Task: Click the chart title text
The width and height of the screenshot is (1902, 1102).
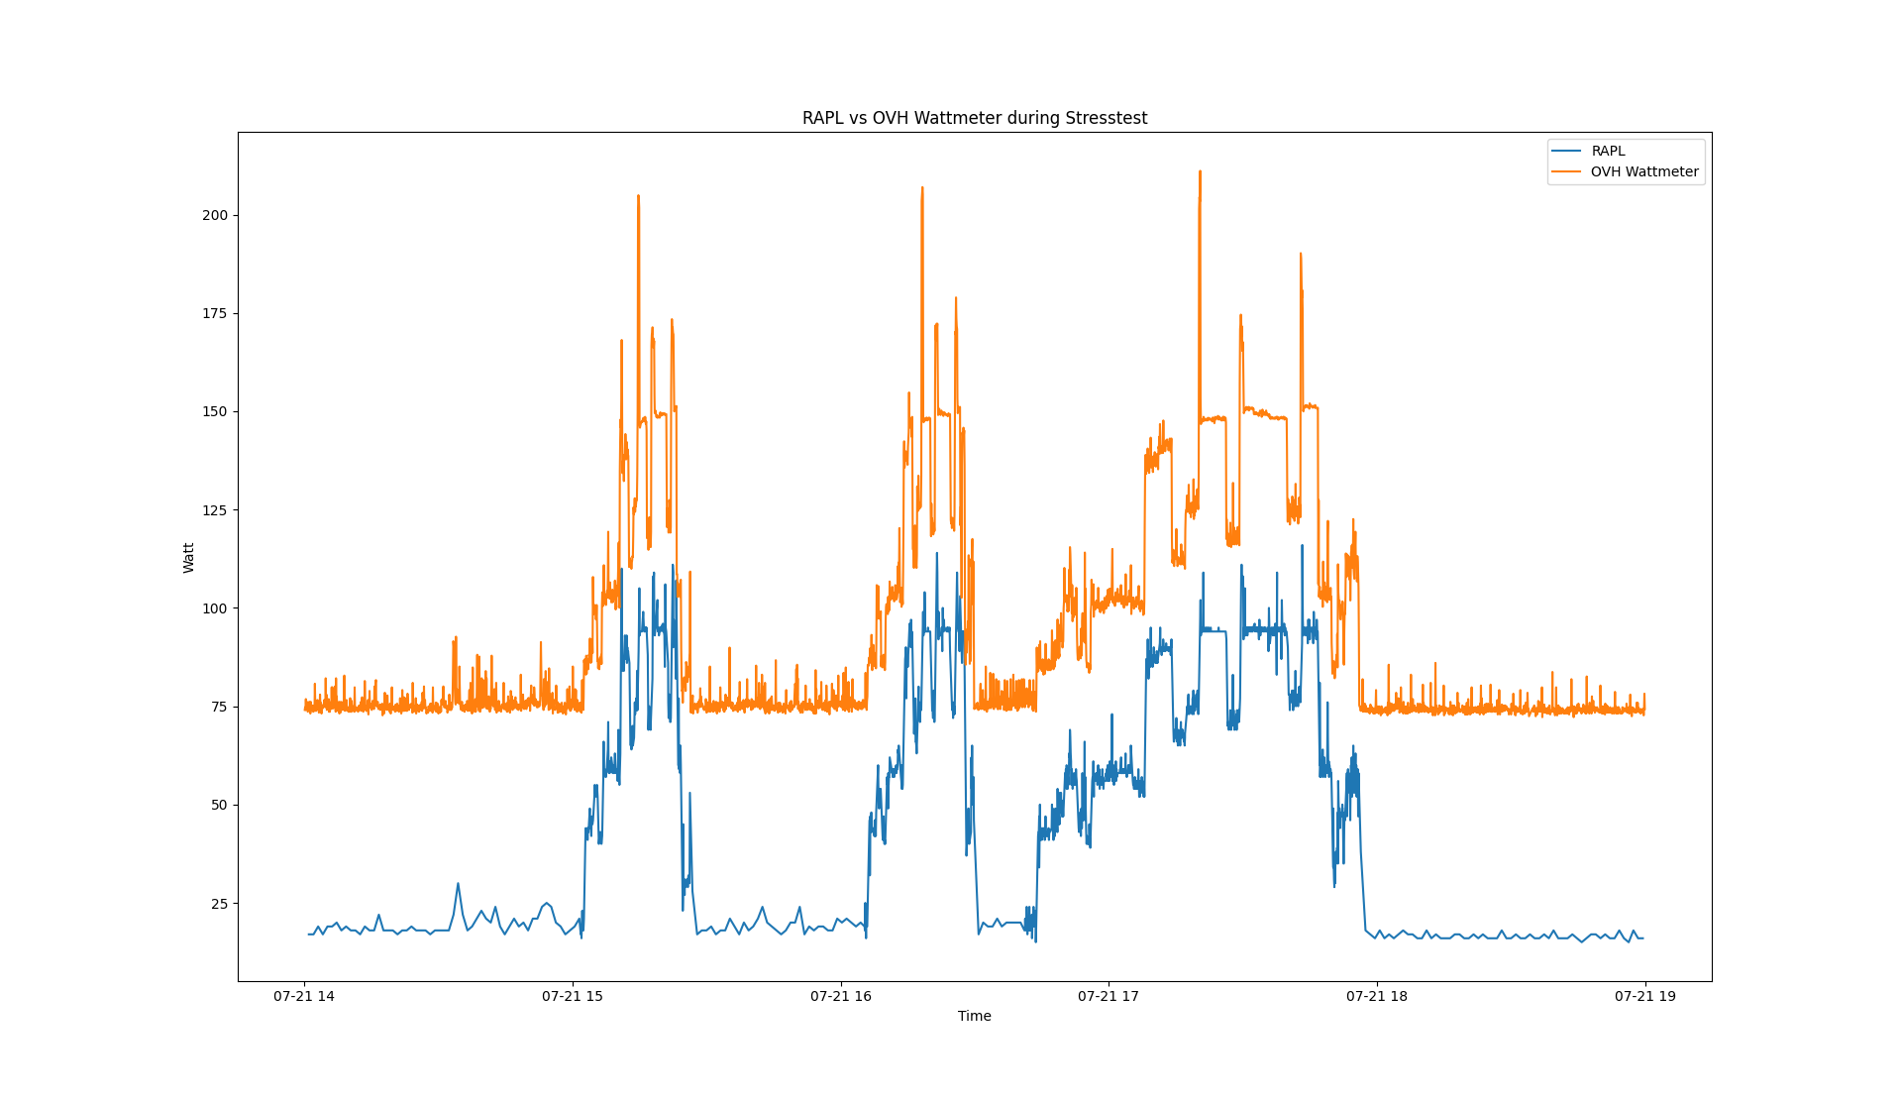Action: pos(975,118)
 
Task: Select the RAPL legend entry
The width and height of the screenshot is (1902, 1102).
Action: pos(1608,151)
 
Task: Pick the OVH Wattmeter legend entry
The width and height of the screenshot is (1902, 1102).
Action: pos(1643,171)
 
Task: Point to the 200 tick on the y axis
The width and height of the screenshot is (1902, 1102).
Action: pos(215,215)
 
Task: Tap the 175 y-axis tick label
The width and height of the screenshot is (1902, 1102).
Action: pos(215,313)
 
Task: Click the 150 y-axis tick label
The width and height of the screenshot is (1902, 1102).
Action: pos(215,411)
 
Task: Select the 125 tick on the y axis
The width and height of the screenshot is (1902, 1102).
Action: pos(215,510)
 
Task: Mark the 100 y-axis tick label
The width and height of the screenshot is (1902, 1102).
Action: pos(215,608)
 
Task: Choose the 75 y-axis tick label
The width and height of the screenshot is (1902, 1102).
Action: pos(219,707)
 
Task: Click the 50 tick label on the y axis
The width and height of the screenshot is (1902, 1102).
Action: pos(219,805)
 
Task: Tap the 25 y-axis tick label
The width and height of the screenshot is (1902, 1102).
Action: pos(219,904)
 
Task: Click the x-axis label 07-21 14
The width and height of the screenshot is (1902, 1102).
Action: pos(304,996)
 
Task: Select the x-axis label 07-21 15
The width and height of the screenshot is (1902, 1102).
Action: pos(573,996)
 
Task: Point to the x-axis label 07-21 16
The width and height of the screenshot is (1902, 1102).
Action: pos(841,996)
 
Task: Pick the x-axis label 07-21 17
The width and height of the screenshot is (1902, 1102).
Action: pos(1109,996)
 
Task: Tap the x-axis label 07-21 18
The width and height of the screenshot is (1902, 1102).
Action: pos(1377,996)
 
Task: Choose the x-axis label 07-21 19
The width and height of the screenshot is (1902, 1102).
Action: pos(1645,996)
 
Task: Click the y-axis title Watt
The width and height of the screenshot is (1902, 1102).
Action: pos(188,557)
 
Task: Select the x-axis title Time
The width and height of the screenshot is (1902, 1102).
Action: pos(975,1016)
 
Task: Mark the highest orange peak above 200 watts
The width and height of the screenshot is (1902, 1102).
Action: pos(1200,172)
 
